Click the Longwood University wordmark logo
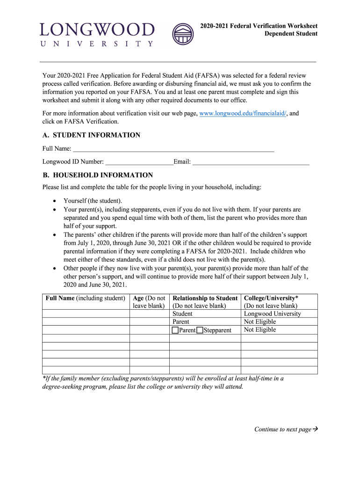tap(97, 34)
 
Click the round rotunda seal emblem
tap(183, 34)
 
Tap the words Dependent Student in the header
tap(291, 34)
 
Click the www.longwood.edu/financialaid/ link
tap(243, 114)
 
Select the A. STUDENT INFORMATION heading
tap(91, 135)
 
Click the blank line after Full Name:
tap(173, 149)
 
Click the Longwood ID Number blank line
tap(139, 162)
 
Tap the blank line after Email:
tap(251, 162)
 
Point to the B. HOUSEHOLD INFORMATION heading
tap(97, 175)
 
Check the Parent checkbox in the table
tap(175, 330)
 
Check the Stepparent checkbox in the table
tap(200, 330)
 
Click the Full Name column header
tap(85, 298)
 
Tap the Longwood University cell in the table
tap(273, 314)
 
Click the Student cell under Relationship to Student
tap(182, 314)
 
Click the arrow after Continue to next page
tap(315, 429)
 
